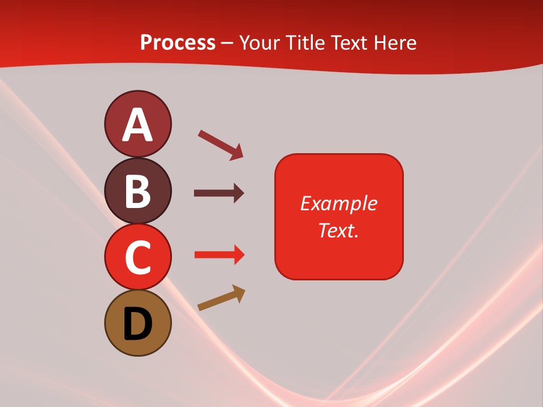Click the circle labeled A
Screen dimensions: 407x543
coord(137,124)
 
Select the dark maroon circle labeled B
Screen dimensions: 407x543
coord(137,190)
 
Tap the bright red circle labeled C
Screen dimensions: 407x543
coord(137,257)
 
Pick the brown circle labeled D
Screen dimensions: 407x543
coord(137,323)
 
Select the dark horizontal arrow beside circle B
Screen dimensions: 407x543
coord(218,193)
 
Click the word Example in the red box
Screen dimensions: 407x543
coord(338,203)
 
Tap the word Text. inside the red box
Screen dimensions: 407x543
coord(338,230)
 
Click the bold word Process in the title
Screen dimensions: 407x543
coord(178,43)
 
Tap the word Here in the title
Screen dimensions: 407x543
coord(398,43)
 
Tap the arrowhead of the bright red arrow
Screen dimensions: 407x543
coord(239,254)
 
